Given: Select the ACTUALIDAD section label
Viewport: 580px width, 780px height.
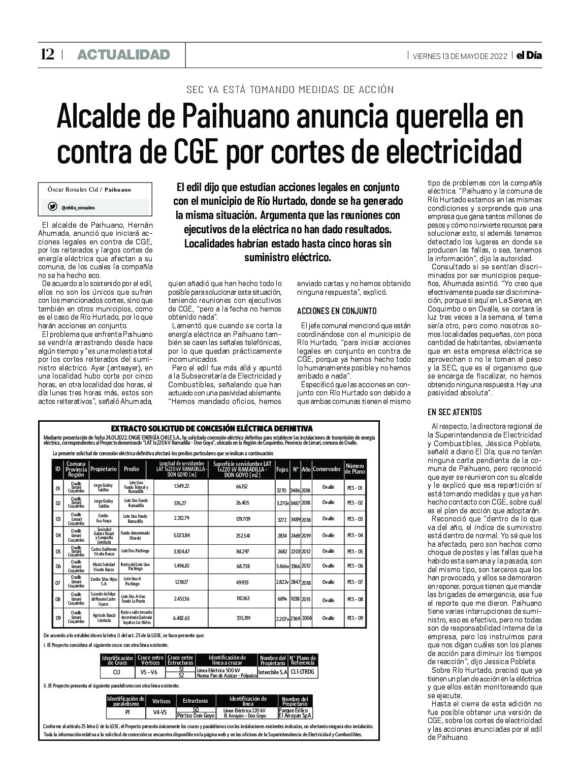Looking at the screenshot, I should (x=123, y=54).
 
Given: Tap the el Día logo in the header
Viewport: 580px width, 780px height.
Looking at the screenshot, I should (x=529, y=55).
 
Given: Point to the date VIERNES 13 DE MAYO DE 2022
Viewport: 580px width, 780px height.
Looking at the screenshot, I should (x=460, y=56).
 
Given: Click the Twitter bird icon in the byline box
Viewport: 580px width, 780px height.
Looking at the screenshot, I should (x=52, y=207).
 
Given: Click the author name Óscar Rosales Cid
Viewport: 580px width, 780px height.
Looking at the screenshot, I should (x=73, y=190).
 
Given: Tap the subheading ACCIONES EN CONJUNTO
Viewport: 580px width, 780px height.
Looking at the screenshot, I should (x=337, y=310).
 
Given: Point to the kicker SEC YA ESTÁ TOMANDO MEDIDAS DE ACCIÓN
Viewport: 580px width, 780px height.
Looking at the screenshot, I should (x=290, y=90).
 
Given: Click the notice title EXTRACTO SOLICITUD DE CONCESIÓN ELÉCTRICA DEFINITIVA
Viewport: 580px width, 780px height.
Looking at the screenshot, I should (x=211, y=428).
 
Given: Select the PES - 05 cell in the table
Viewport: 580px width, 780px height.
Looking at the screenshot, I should (x=355, y=551).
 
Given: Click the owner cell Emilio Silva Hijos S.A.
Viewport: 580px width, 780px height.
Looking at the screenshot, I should (x=104, y=582).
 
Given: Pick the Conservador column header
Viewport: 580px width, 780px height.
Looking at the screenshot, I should (x=327, y=469).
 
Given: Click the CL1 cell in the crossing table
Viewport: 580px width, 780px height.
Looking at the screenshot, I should (x=117, y=672).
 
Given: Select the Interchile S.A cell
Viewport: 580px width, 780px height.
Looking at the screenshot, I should (x=273, y=672).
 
